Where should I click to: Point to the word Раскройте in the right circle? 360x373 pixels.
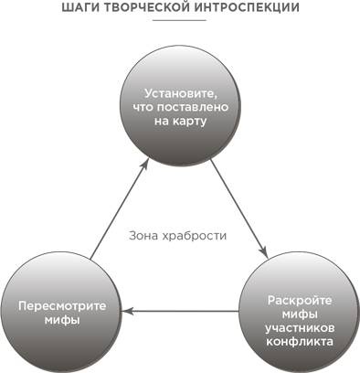299,300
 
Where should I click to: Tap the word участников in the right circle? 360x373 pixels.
299,327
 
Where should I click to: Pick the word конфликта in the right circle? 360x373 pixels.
299,341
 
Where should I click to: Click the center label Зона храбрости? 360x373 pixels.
178,236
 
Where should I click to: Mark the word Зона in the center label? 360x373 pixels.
145,236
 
